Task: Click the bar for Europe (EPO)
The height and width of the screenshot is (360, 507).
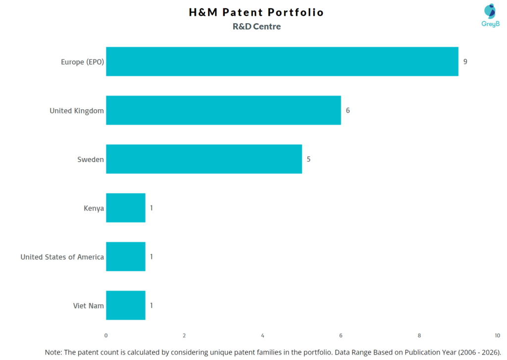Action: [282, 61]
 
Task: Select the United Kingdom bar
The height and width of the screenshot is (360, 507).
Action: [223, 110]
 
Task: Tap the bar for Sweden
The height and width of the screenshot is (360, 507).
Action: [203, 159]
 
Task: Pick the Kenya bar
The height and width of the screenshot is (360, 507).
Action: [125, 208]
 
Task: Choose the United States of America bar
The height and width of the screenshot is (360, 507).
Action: [125, 257]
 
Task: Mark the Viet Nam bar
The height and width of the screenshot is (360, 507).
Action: [125, 306]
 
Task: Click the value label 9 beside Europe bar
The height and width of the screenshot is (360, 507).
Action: [465, 61]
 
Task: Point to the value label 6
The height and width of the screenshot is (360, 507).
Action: [348, 110]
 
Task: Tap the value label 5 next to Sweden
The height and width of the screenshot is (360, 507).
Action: [308, 159]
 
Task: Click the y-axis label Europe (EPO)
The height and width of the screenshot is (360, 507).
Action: [82, 62]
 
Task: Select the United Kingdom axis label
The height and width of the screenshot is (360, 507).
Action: [77, 110]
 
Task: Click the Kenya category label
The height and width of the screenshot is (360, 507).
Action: [94, 208]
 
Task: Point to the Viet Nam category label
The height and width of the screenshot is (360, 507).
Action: [89, 306]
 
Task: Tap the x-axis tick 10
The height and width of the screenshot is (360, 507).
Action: [497, 335]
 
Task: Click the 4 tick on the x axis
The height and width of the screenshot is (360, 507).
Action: [262, 335]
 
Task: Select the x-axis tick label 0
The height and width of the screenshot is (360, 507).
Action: [106, 335]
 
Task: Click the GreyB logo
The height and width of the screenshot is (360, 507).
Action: [490, 15]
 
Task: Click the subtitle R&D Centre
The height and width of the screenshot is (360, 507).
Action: [256, 27]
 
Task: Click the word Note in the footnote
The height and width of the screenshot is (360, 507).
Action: [53, 352]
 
